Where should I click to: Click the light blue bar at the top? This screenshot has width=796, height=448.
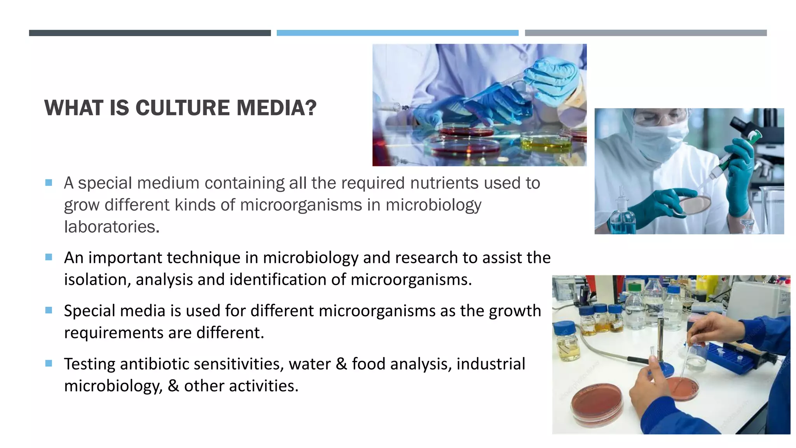[397, 33]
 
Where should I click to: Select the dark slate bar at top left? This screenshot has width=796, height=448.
[150, 33]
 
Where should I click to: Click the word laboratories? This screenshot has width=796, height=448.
[111, 227]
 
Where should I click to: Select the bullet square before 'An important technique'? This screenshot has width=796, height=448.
[49, 257]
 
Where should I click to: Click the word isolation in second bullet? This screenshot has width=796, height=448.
[97, 280]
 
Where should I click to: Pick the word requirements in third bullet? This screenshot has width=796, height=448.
[113, 333]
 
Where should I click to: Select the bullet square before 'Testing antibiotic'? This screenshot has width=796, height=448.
[49, 363]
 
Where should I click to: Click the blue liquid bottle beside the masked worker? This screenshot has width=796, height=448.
[622, 220]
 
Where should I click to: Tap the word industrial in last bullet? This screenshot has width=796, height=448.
[491, 364]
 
